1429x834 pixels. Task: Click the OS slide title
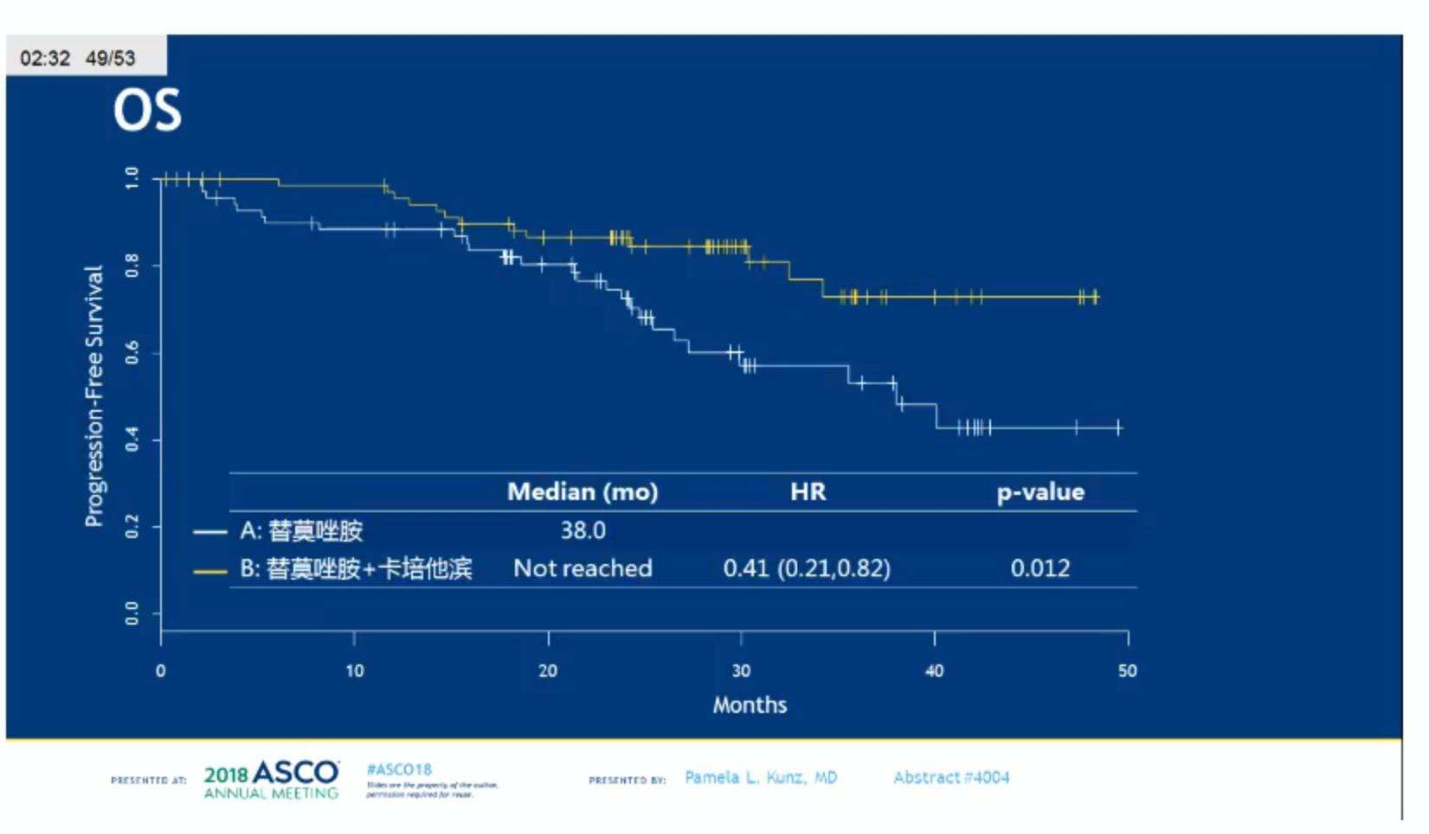(147, 111)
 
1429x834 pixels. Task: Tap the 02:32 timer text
(45, 59)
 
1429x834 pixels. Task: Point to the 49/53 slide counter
(110, 59)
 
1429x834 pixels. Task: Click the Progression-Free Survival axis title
(93, 395)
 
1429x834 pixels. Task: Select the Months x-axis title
(750, 705)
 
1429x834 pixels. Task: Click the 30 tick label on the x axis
(741, 671)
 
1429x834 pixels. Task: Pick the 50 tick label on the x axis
(1127, 671)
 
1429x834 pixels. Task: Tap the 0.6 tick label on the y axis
(132, 353)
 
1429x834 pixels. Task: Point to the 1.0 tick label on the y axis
(132, 178)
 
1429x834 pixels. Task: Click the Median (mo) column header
(583, 492)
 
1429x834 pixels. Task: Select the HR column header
(808, 492)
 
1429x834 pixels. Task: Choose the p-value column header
(1040, 492)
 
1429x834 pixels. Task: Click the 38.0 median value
(583, 530)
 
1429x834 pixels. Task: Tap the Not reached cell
(583, 568)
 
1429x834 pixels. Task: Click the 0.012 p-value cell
(1040, 568)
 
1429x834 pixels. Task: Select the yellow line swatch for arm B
(210, 571)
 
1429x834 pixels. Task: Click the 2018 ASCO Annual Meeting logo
(272, 779)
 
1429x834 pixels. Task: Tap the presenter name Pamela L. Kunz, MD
(761, 778)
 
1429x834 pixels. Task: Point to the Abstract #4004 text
(951, 778)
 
